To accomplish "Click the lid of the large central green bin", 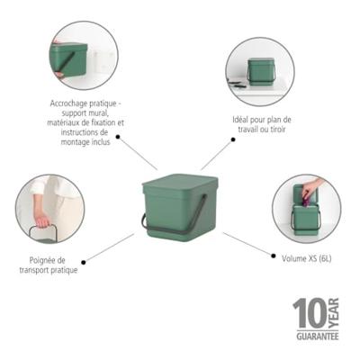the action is (x=180, y=183).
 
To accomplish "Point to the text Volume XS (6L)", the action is (x=307, y=258).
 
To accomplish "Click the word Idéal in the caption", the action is (x=240, y=120).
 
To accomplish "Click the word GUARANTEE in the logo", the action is (x=318, y=336).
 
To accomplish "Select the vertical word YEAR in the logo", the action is (x=334, y=313).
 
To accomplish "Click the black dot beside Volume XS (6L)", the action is (x=274, y=256).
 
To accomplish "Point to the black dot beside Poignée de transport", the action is (x=84, y=262).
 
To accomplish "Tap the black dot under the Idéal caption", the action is (x=233, y=139).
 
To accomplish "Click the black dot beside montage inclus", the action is (x=118, y=137).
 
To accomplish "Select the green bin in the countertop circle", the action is (x=261, y=71).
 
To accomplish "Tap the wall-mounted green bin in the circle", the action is (x=68, y=60).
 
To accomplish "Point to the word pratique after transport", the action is (x=63, y=270).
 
